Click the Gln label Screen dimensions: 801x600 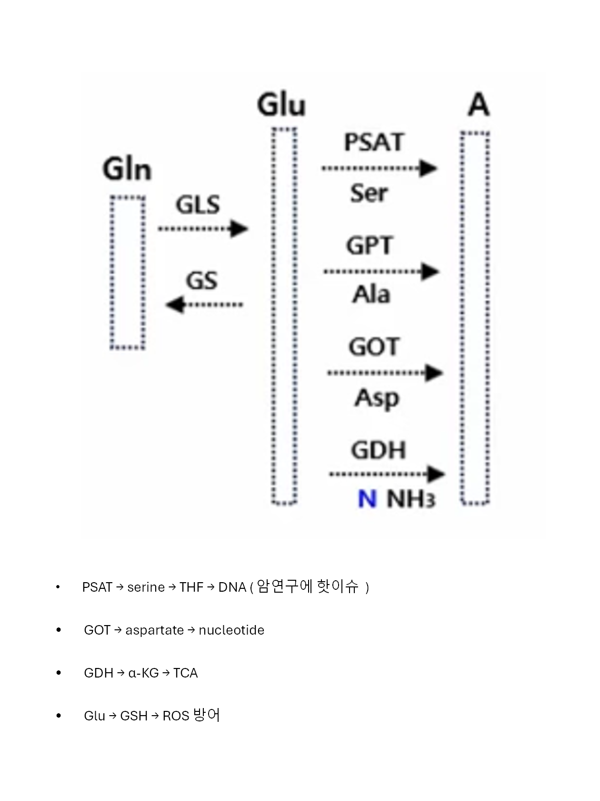[127, 170]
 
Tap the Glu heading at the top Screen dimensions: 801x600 [281, 105]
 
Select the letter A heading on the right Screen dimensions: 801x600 [478, 105]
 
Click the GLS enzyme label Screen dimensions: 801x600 [198, 205]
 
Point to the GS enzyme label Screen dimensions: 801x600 [201, 280]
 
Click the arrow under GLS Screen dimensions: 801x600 [203, 229]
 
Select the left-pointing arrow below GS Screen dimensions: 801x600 [204, 304]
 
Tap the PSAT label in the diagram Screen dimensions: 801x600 [374, 142]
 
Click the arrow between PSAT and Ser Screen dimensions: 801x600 [379, 168]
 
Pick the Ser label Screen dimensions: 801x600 [369, 193]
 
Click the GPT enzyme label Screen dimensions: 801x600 [370, 246]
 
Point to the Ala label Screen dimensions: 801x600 [371, 294]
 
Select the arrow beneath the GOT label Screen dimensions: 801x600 [385, 373]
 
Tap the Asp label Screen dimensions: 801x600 [377, 398]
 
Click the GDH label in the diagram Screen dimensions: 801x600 [379, 450]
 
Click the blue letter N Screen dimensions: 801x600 [367, 499]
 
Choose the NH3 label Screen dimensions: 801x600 [411, 499]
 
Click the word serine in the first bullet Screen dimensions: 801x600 [146, 587]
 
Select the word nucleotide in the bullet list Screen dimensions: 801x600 [231, 630]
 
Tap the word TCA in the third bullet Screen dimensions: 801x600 [185, 673]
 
